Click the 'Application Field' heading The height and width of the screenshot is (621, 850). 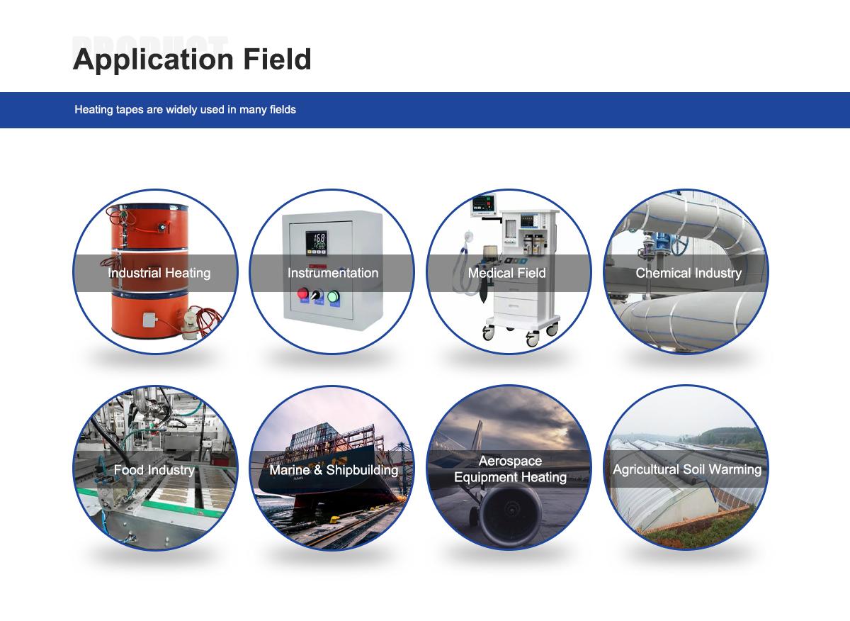click(x=192, y=60)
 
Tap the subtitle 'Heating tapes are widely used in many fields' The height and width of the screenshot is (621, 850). click(x=185, y=110)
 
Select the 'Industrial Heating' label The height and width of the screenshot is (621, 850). click(x=159, y=273)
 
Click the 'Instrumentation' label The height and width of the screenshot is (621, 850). click(x=333, y=273)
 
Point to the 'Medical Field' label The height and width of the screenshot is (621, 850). click(x=507, y=273)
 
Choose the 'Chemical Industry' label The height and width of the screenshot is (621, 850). click(x=688, y=273)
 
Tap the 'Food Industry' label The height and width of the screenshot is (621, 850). click(x=154, y=470)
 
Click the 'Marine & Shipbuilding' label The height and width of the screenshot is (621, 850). click(x=334, y=470)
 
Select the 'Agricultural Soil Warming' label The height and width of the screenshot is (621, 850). click(x=687, y=469)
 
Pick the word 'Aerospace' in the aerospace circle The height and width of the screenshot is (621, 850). click(x=510, y=461)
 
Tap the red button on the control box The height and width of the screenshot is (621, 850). click(x=303, y=293)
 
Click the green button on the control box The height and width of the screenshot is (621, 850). click(x=333, y=296)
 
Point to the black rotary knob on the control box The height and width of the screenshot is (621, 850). click(x=316, y=295)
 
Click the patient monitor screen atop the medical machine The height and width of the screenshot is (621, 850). click(x=483, y=204)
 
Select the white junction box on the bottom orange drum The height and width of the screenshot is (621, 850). click(x=149, y=320)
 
